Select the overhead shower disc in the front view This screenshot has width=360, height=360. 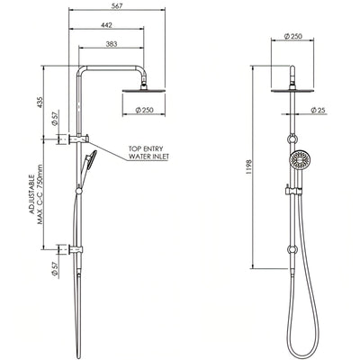pyautogui.click(x=292, y=88)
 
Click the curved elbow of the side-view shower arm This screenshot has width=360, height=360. pyautogui.click(x=82, y=70)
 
